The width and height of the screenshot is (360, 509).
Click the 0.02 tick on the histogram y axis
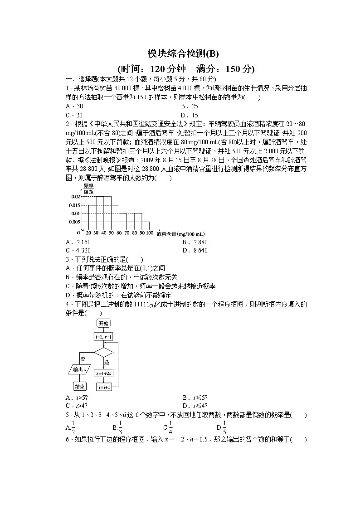[75, 197]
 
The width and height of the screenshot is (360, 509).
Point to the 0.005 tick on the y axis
[74, 222]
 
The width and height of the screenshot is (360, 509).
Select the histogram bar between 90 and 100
[146, 225]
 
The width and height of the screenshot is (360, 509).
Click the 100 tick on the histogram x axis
[150, 233]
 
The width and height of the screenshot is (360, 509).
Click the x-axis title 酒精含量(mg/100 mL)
[180, 234]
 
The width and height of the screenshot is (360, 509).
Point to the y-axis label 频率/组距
[88, 189]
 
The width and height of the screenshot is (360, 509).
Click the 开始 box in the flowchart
[103, 323]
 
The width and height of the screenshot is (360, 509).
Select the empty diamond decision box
[103, 352]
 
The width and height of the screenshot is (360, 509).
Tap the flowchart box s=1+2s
[103, 373]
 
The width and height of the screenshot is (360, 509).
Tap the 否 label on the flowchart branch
[83, 359]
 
